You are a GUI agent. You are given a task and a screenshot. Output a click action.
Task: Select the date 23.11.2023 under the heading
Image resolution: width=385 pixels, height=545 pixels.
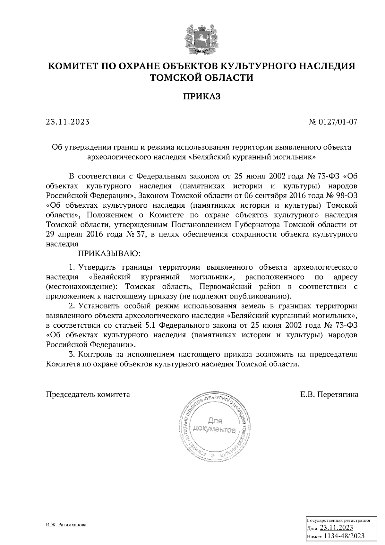pos(68,122)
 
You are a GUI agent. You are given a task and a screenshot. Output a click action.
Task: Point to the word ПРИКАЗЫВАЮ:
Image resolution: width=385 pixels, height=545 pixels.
pos(110,254)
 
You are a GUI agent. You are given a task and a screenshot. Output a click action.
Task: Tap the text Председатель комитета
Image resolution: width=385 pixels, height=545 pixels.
pos(88,394)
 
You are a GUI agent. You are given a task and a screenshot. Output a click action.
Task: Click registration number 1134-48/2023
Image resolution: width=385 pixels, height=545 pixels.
pos(344,536)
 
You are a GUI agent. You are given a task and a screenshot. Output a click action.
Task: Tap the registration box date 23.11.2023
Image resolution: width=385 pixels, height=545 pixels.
pos(337,528)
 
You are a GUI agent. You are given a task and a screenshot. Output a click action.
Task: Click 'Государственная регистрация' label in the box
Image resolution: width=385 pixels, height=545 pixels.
pos(339,520)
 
